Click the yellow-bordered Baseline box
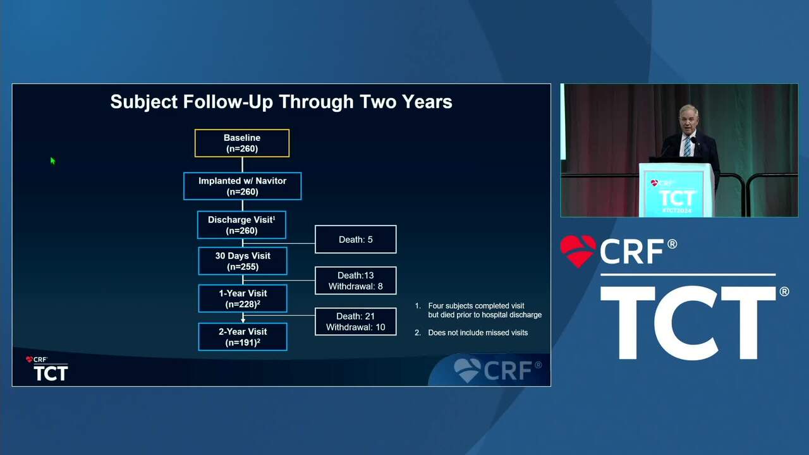point(242,143)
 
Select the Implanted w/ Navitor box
point(242,186)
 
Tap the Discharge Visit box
point(241,225)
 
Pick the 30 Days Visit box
point(243,261)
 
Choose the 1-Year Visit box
point(243,299)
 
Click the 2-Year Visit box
point(243,337)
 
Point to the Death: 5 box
point(356,240)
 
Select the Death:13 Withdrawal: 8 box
point(356,281)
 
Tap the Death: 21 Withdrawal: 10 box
point(356,322)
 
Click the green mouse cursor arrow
point(52,161)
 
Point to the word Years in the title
point(427,102)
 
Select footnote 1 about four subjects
point(478,310)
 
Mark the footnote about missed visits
point(471,332)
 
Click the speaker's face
point(689,119)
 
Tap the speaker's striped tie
point(687,146)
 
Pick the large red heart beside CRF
point(578,251)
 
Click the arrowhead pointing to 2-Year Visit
point(243,320)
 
